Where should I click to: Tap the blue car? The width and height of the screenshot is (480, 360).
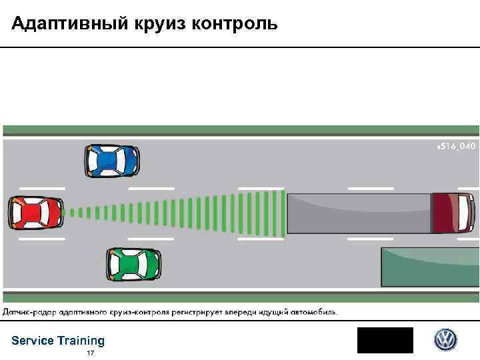[x=111, y=161]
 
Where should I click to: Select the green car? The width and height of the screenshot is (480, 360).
[x=134, y=264]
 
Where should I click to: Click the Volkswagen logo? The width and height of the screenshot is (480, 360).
[x=445, y=340]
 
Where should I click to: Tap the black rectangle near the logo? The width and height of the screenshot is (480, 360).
[x=385, y=340]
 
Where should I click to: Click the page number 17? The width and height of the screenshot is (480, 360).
[x=90, y=353]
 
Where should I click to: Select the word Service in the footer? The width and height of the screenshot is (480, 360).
[x=33, y=341]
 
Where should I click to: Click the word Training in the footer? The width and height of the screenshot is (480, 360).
[x=81, y=341]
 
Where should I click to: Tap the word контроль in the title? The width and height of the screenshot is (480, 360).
[x=233, y=25]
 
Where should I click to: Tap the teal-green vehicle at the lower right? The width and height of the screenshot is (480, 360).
[x=430, y=267]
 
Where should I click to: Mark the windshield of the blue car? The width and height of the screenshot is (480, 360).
[x=124, y=161]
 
